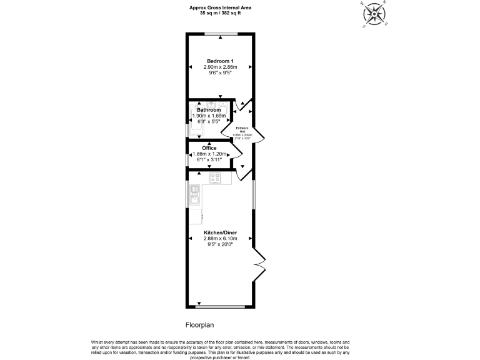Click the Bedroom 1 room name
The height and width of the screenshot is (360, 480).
pyautogui.click(x=220, y=61)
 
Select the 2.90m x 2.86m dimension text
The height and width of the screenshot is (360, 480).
pyautogui.click(x=220, y=66)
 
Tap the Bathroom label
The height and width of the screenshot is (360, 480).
pyautogui.click(x=209, y=110)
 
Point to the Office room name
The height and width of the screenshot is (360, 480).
pyautogui.click(x=209, y=148)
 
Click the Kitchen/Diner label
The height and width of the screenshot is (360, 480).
pyautogui.click(x=220, y=232)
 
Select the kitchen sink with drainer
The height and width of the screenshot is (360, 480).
pyautogui.click(x=194, y=195)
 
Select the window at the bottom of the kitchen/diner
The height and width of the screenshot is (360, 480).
pyautogui.click(x=220, y=307)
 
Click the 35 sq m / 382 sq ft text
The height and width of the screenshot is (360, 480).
pyautogui.click(x=220, y=12)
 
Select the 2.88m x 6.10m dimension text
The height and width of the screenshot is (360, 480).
pyautogui.click(x=220, y=238)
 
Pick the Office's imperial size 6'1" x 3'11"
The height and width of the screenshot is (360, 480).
pyautogui.click(x=209, y=160)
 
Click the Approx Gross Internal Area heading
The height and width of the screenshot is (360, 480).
pyautogui.click(x=220, y=7)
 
